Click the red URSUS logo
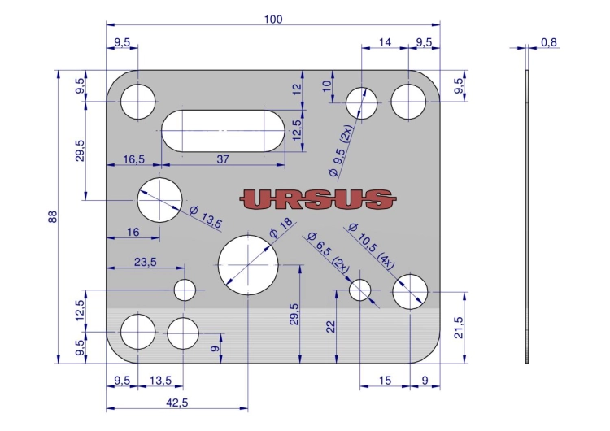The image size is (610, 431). coord(317,199)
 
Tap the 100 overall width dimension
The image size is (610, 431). coord(273,19)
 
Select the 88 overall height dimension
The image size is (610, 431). coord(53,216)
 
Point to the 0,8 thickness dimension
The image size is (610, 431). coord(548,42)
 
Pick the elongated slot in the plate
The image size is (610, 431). coord(223,131)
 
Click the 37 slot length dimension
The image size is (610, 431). coord(223,159)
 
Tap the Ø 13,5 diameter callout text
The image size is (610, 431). coord(206,217)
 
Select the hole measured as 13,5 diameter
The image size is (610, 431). coord(159,200)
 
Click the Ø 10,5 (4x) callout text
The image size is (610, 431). coord(371,246)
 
